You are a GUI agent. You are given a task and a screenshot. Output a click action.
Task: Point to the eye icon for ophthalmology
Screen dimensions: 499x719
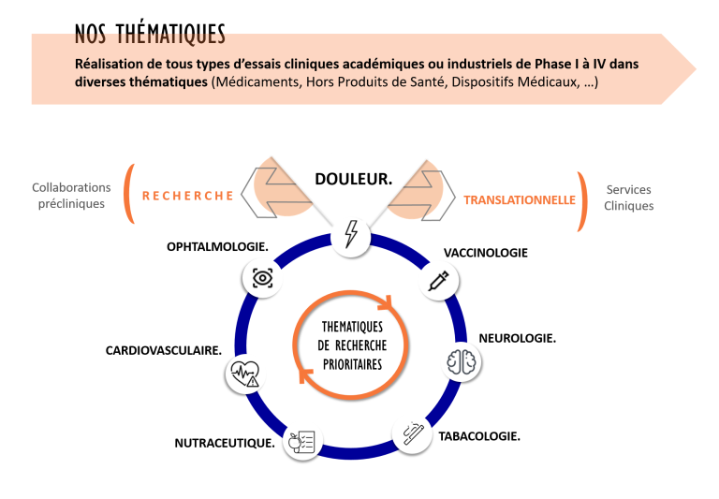[262, 278]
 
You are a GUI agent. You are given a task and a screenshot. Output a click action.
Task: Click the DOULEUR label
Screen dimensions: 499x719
[353, 178]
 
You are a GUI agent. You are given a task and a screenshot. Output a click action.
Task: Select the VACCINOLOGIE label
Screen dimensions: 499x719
[485, 253]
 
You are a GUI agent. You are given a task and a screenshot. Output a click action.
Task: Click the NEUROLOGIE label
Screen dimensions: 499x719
[517, 338]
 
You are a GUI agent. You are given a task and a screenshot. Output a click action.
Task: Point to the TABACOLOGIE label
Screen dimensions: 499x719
[479, 436]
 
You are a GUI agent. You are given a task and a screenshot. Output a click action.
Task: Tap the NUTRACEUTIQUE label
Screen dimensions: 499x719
[224, 443]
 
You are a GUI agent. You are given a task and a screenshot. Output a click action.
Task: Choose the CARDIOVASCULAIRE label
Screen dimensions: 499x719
[163, 351]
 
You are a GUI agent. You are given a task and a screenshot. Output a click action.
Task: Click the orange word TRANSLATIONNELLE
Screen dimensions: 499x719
[520, 199]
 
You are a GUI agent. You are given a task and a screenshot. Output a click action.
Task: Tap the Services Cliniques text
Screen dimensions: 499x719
[628, 198]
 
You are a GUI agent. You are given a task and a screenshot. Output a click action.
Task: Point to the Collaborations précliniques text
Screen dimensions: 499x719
[71, 196]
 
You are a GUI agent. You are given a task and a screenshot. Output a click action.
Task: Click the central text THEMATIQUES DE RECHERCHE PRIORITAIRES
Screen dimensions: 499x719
[351, 345]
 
